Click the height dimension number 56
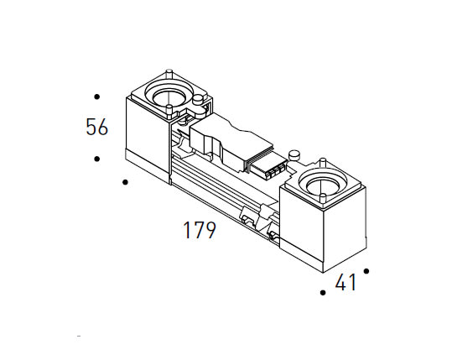[97, 128]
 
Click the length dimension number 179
[200, 230]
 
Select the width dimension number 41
[345, 284]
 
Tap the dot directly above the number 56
[97, 97]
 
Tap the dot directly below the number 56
[97, 159]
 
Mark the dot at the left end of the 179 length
[125, 181]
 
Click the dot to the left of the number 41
[323, 293]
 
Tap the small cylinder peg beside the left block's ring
[198, 102]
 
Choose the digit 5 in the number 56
[91, 128]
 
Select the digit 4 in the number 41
[341, 284]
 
